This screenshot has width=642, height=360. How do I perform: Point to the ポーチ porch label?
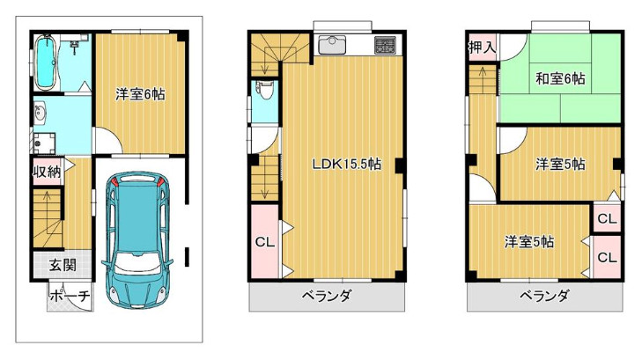click(x=70, y=297)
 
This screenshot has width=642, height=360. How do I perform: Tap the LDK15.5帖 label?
click(x=346, y=164)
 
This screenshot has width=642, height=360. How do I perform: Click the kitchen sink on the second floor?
click(x=334, y=44)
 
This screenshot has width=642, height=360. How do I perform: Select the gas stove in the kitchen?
click(x=385, y=44)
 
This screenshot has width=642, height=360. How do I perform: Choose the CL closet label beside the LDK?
click(x=263, y=242)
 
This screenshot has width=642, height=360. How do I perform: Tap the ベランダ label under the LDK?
click(x=328, y=296)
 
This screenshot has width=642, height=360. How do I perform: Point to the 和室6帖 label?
click(x=560, y=78)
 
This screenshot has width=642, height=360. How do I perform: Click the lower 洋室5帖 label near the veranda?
click(x=528, y=241)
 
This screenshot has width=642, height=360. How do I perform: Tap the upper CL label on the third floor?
click(x=606, y=218)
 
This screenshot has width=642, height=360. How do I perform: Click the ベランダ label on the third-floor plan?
click(x=543, y=296)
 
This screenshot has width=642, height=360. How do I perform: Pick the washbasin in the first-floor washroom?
click(x=41, y=112)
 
